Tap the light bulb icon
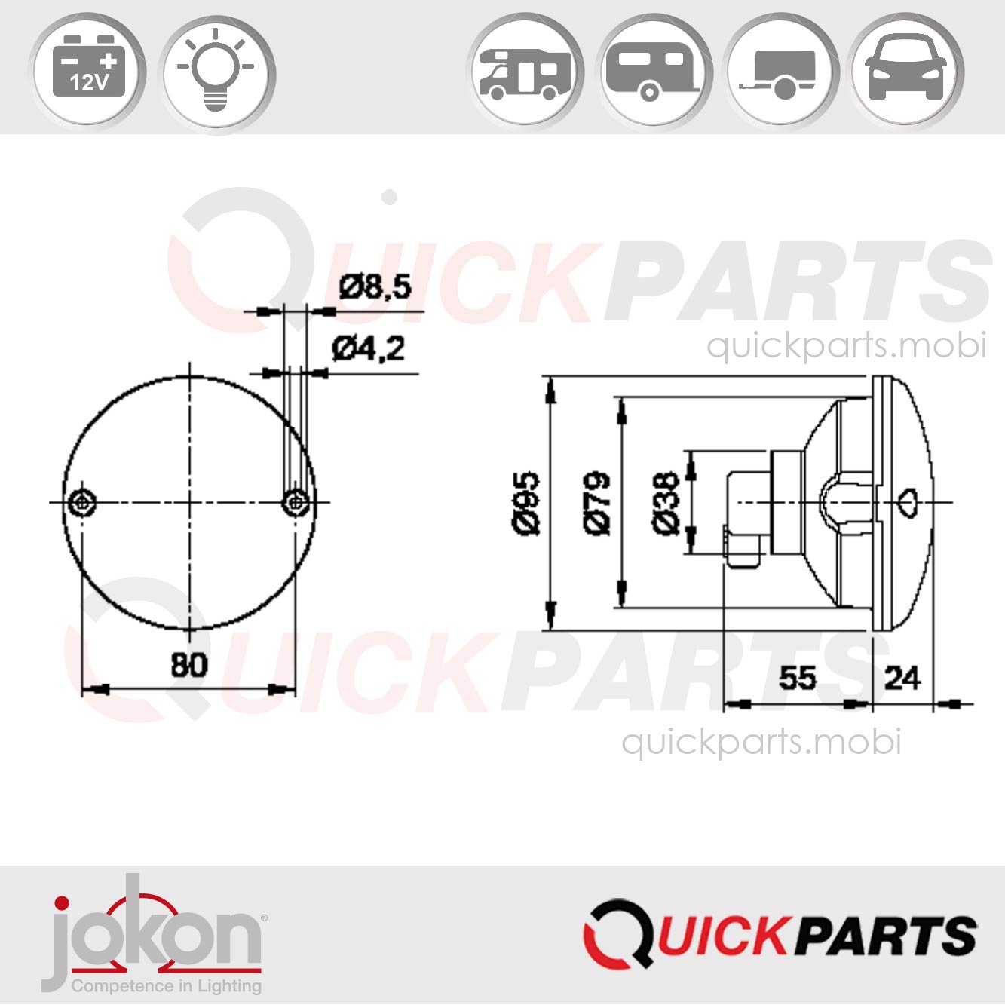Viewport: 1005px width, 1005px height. [216, 72]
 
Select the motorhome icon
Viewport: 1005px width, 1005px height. [525, 73]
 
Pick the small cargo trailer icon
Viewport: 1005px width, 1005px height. [780, 74]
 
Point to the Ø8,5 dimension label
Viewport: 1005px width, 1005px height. [375, 287]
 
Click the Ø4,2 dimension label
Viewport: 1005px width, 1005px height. [369, 348]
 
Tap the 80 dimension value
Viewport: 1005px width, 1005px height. [188, 665]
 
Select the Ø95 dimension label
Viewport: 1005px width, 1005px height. [527, 503]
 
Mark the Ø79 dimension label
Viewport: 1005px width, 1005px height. [597, 503]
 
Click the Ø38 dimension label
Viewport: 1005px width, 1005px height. [666, 503]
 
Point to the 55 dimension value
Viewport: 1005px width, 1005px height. [797, 678]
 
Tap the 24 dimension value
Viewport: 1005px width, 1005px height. [902, 678]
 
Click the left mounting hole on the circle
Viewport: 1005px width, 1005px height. [81, 502]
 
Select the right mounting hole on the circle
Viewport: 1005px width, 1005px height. [296, 502]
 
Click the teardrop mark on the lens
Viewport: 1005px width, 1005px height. [909, 502]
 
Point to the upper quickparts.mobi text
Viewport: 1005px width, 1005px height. [846, 346]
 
